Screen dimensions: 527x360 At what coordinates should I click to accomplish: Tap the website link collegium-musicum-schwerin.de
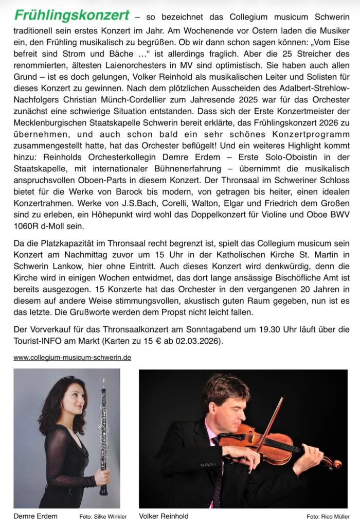tap(72, 357)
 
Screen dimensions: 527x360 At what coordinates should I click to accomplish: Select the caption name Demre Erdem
tap(35, 516)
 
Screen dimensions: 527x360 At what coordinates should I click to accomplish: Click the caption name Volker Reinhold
tap(164, 516)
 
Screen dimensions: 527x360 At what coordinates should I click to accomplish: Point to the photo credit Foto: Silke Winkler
tap(103, 516)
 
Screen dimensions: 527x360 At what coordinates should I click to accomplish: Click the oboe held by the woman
tap(103, 437)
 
